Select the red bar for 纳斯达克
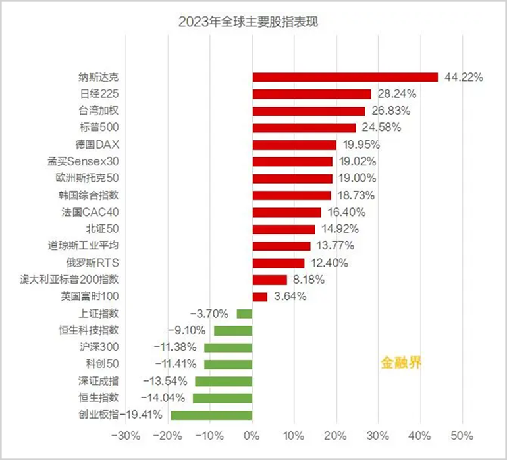tap(345, 77)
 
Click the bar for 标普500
tap(304, 128)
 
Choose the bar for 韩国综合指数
tap(292, 195)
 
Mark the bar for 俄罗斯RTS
tap(278, 263)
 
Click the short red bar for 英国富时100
tap(259, 297)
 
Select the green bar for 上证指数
tap(244, 314)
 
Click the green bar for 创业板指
tap(211, 415)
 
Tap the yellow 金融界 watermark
tap(400, 362)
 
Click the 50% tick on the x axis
tap(462, 436)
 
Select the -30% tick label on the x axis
tap(125, 436)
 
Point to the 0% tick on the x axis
tap(252, 436)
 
